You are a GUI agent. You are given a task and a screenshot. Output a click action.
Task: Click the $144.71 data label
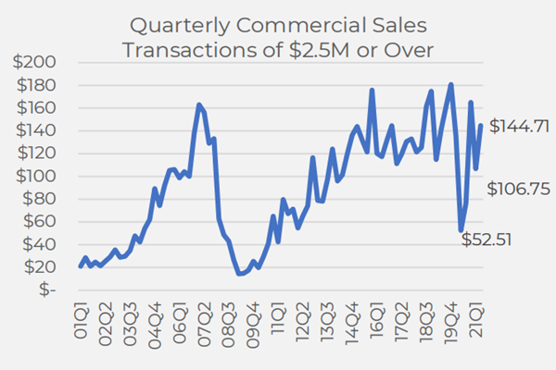(x=519, y=126)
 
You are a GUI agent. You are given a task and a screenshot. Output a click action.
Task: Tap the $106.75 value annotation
(x=519, y=189)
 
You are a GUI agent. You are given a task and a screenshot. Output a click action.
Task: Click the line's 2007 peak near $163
(x=199, y=105)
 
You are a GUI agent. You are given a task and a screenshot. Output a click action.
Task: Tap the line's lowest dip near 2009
(x=239, y=274)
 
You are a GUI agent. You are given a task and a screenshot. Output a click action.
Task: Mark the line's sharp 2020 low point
(x=461, y=230)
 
